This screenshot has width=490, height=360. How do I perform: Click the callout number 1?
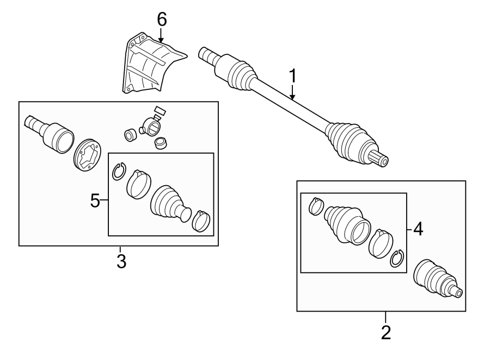click(293, 76)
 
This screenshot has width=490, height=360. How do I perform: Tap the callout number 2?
click(386, 332)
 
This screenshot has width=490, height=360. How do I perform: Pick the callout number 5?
click(95, 202)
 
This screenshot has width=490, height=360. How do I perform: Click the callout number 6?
click(162, 19)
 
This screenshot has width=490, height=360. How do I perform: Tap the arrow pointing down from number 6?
click(162, 35)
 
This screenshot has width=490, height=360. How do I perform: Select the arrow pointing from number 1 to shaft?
click(293, 94)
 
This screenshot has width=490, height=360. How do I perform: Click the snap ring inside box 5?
click(119, 172)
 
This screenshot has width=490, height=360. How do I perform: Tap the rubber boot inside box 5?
click(169, 204)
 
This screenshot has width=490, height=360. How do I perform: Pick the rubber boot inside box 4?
click(345, 223)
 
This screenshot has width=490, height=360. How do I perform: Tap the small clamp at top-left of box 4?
click(315, 205)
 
